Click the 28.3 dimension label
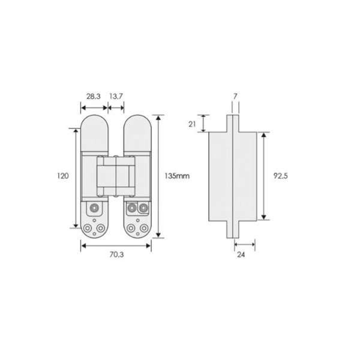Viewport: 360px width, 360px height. (x=93, y=97)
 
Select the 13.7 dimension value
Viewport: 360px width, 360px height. (x=116, y=97)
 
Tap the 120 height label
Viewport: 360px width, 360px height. (x=62, y=176)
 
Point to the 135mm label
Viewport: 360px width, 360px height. (x=177, y=176)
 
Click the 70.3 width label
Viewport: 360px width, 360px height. (x=116, y=254)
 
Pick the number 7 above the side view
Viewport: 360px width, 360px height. (x=235, y=97)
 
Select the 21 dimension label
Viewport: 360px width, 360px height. (x=192, y=124)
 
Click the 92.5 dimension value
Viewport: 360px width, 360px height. (x=280, y=176)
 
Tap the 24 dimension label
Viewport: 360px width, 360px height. (x=241, y=254)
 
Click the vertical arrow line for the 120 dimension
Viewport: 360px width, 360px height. (x=76, y=178)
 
